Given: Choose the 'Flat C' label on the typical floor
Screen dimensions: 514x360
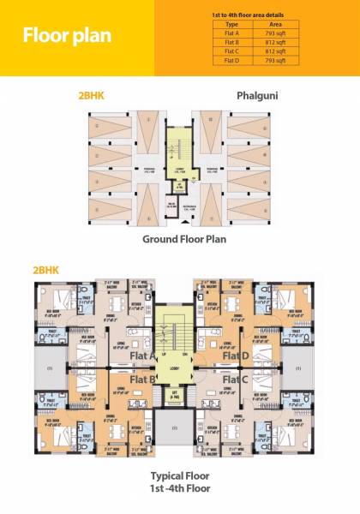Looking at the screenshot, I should [235, 379].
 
